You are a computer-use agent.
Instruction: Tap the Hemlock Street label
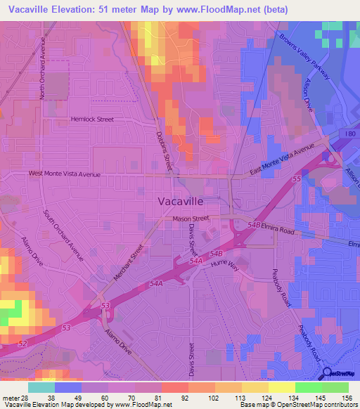coord(91,119)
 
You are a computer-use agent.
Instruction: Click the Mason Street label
coord(191,219)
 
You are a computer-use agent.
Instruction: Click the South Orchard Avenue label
coord(63,235)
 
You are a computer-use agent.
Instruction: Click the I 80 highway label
coord(351,134)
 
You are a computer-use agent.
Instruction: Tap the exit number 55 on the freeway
coord(296,181)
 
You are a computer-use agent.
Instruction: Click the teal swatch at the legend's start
coord(41,387)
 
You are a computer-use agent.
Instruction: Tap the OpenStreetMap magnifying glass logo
coord(328,373)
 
